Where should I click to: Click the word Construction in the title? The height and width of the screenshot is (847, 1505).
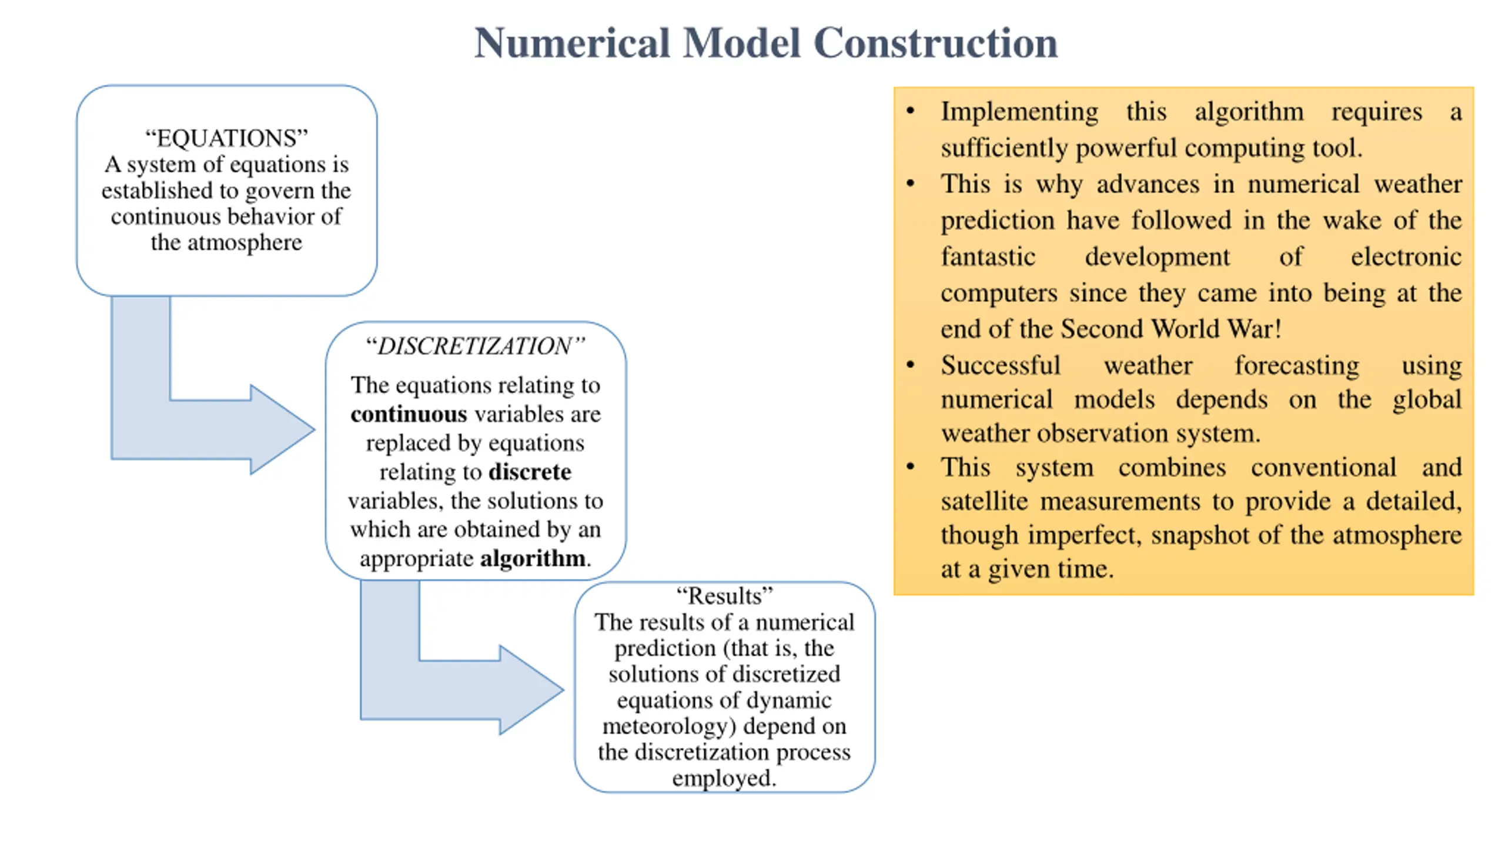click(x=935, y=43)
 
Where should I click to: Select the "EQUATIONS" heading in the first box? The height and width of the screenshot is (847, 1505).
click(x=226, y=138)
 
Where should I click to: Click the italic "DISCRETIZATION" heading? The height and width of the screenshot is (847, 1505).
click(x=475, y=346)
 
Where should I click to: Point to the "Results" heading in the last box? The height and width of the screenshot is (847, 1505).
click(x=724, y=596)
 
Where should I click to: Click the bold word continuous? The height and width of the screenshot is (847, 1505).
click(x=409, y=414)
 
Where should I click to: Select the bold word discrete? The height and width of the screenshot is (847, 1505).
click(x=530, y=472)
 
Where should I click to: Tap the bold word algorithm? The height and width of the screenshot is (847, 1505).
click(x=533, y=558)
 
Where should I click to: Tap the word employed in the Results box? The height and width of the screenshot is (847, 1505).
click(x=724, y=778)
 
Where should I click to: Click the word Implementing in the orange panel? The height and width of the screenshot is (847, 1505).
click(x=1019, y=112)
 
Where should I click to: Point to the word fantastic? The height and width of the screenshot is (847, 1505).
click(x=988, y=257)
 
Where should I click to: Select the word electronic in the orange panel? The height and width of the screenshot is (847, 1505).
click(x=1406, y=257)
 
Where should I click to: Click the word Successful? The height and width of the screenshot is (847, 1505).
click(x=1001, y=365)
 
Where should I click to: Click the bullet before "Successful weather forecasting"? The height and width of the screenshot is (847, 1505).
click(x=911, y=365)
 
